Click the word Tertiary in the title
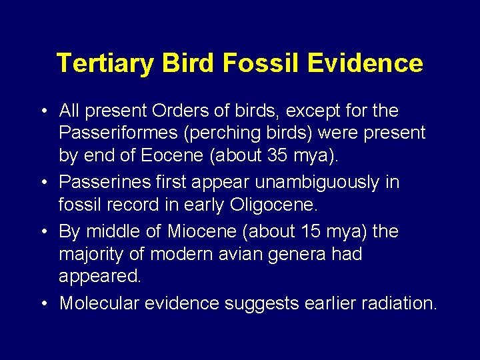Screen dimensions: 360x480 (x=105, y=63)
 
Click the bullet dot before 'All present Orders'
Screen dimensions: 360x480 (x=43, y=109)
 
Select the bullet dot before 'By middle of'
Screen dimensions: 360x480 (x=43, y=231)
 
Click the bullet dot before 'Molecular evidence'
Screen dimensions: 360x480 (x=43, y=303)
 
